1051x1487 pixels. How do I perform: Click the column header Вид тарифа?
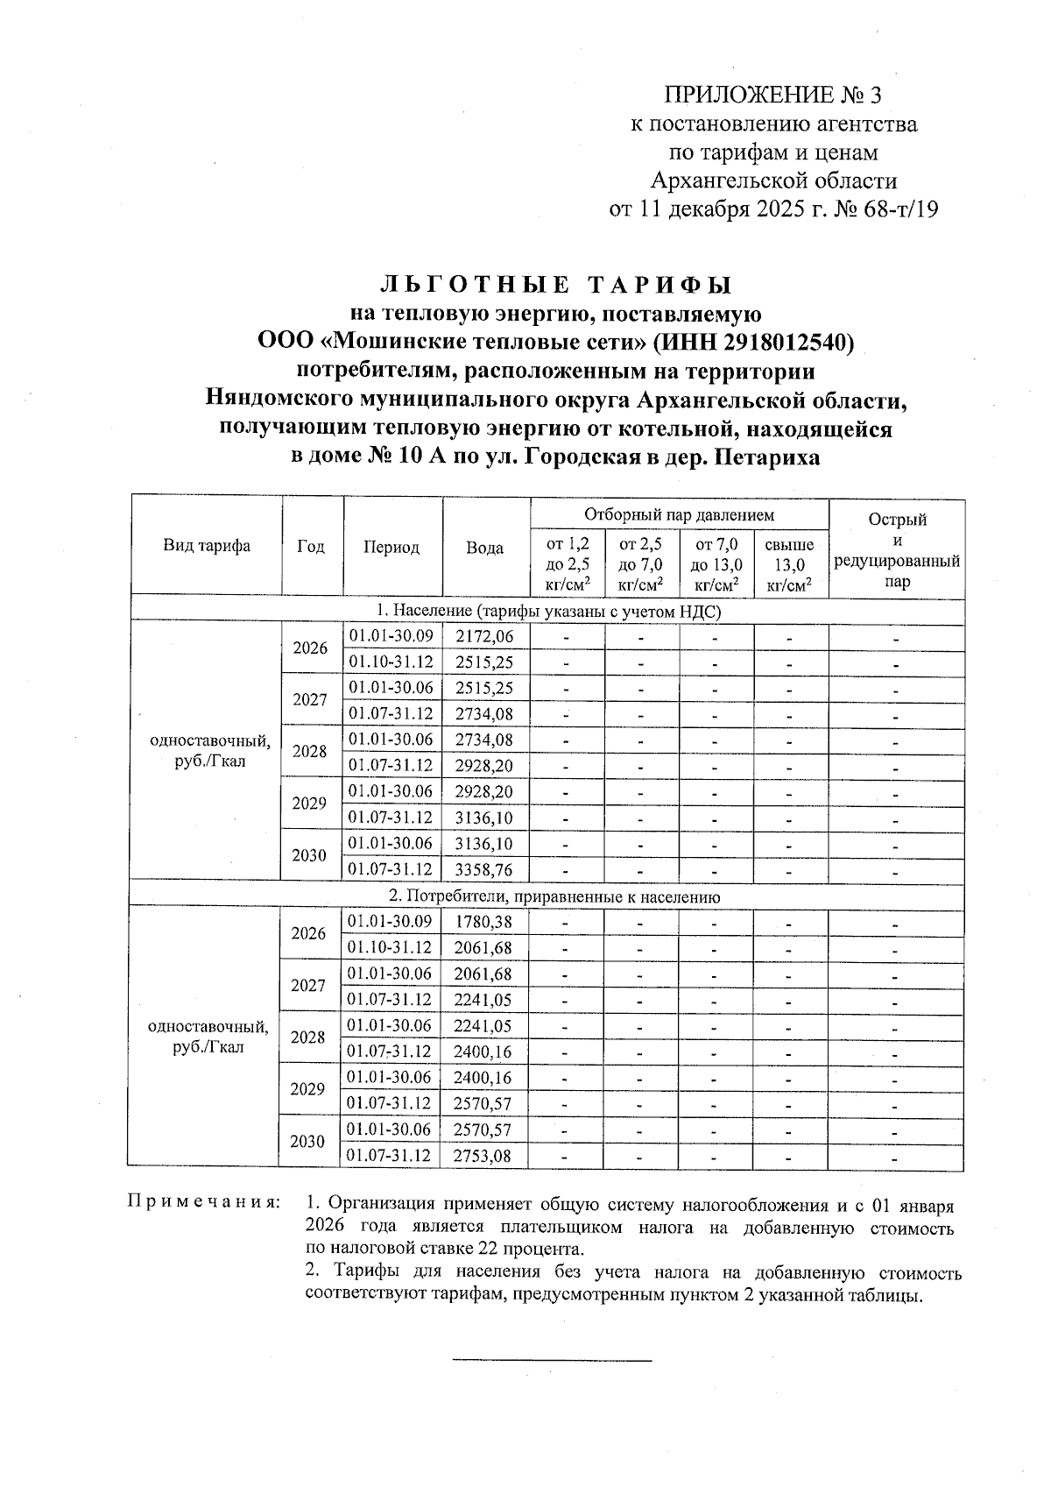pos(207,546)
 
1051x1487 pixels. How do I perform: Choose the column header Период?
pos(391,547)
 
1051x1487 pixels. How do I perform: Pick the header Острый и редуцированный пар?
pos(897,550)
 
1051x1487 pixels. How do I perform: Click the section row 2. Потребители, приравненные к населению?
pos(554,896)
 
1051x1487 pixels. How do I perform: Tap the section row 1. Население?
pos(548,611)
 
